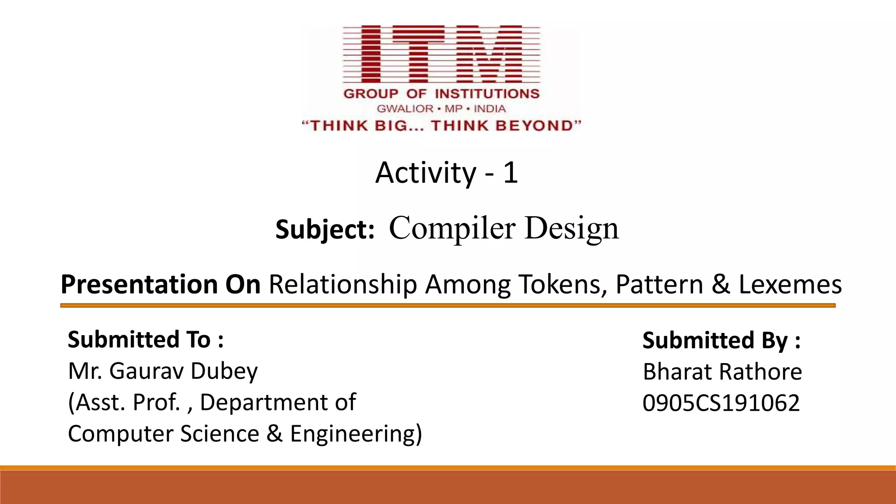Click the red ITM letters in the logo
pyautogui.click(x=441, y=54)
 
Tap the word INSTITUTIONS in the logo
pyautogui.click(x=487, y=94)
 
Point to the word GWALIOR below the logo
pyautogui.click(x=405, y=108)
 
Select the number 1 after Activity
pyautogui.click(x=510, y=172)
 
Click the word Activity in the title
pyautogui.click(x=425, y=173)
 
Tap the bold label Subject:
pyautogui.click(x=325, y=230)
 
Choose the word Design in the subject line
pyautogui.click(x=572, y=228)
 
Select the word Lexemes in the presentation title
pyautogui.click(x=790, y=285)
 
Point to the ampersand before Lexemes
pyautogui.click(x=721, y=285)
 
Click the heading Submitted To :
pyautogui.click(x=146, y=340)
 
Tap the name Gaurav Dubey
pyautogui.click(x=183, y=371)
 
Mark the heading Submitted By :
pyautogui.click(x=721, y=341)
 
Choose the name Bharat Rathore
pyautogui.click(x=722, y=372)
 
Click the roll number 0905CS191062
pyautogui.click(x=721, y=403)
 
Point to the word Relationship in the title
pyautogui.click(x=343, y=285)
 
